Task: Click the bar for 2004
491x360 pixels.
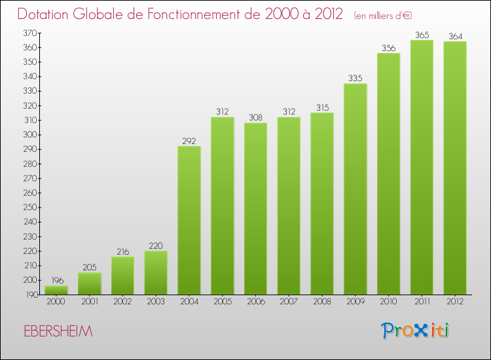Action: point(189,220)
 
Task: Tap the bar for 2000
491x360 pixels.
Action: point(56,290)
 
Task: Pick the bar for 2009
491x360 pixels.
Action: point(355,189)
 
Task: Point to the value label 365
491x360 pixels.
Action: point(422,35)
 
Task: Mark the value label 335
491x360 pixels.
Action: point(355,79)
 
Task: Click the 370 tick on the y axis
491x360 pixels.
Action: point(30,33)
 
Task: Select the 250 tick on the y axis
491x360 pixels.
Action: point(30,207)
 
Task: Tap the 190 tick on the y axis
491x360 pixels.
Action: point(30,295)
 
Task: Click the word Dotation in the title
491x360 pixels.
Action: point(48,14)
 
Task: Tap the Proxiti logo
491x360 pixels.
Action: point(416,331)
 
